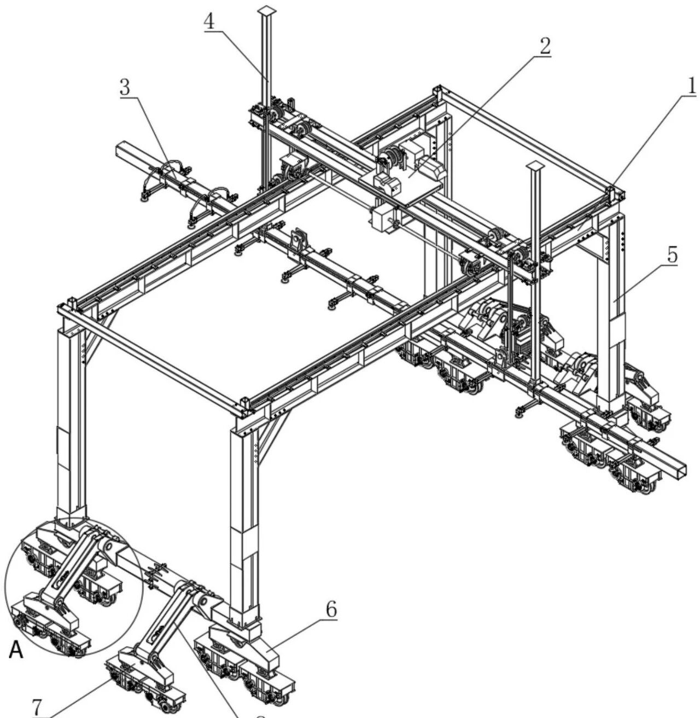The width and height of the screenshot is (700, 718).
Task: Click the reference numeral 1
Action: [x=691, y=86]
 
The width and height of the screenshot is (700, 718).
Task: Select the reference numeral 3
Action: [x=126, y=88]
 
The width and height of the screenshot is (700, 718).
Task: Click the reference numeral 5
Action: [x=672, y=256]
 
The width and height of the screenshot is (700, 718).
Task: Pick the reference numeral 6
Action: [x=331, y=609]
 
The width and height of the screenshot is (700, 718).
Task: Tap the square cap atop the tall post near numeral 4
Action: [x=266, y=10]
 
